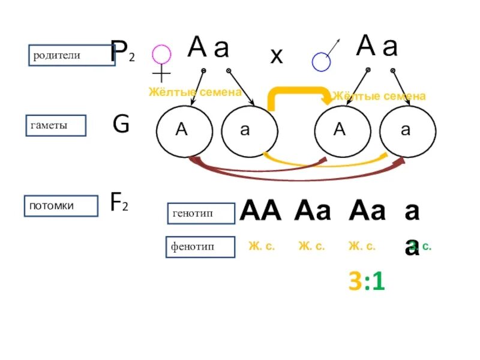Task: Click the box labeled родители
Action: (x=71, y=55)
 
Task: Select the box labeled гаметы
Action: (x=56, y=125)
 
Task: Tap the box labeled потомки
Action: (x=61, y=206)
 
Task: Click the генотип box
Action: (x=200, y=212)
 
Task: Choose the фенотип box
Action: (x=200, y=247)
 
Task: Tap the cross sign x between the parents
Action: (x=276, y=56)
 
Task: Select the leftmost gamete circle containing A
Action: (x=184, y=131)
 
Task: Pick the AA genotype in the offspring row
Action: (x=260, y=211)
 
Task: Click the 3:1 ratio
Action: (x=366, y=281)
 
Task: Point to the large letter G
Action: (x=121, y=124)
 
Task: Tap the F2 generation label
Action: (x=121, y=203)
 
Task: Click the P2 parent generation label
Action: (x=122, y=53)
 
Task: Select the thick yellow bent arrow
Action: (x=298, y=94)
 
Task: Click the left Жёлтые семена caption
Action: (x=194, y=92)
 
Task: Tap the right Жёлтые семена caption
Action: (x=380, y=96)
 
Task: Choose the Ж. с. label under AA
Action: (x=262, y=247)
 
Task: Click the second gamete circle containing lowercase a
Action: (x=250, y=131)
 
